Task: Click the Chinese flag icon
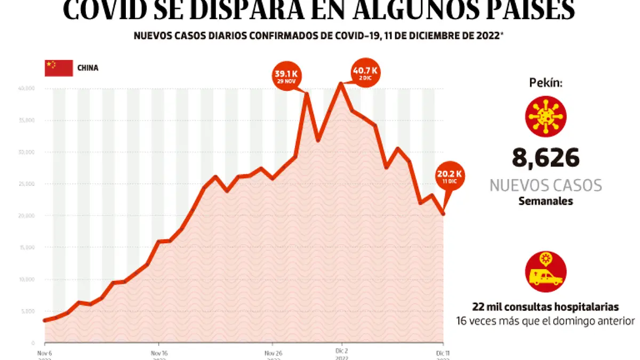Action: click(59, 68)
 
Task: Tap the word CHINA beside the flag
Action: click(88, 68)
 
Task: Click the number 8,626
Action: click(546, 158)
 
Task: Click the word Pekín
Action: click(546, 83)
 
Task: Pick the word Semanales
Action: click(546, 202)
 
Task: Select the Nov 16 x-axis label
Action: click(159, 353)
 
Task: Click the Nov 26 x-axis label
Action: click(273, 353)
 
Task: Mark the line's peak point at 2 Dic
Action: click(341, 84)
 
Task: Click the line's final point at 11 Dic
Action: click(443, 214)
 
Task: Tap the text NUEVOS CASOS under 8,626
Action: click(546, 186)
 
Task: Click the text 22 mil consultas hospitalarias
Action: click(545, 307)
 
